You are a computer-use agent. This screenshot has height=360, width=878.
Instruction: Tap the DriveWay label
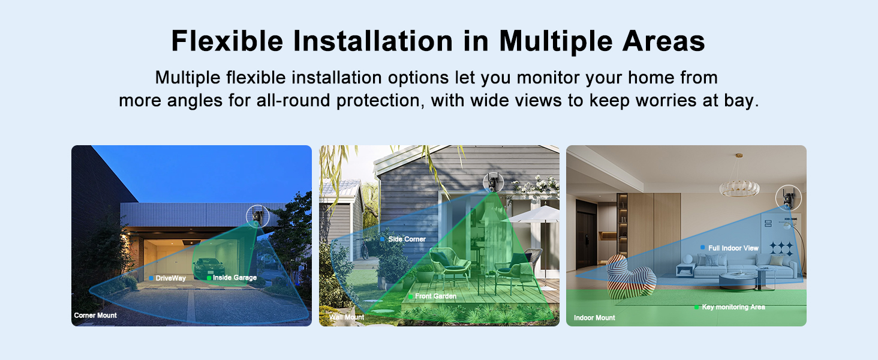[170, 278]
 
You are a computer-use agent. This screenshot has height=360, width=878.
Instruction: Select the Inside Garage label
[234, 278]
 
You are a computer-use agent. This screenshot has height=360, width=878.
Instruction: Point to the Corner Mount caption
[95, 315]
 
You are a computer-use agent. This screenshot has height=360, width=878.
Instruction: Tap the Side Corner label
[407, 239]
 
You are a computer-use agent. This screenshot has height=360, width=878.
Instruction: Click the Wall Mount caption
[347, 317]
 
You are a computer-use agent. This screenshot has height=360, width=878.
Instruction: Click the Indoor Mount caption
[594, 318]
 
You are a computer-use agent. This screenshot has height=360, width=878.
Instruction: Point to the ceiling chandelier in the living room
[739, 186]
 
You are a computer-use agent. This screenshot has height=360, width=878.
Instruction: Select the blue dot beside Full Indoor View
[702, 247]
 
